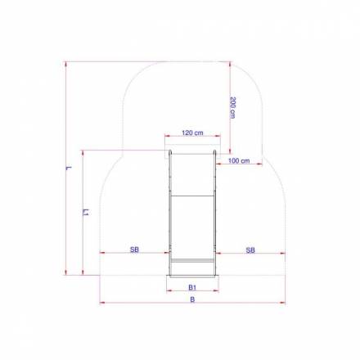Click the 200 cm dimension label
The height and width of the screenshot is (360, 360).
(233, 108)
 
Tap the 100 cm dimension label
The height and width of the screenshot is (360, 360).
(239, 160)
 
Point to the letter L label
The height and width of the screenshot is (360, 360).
(70, 168)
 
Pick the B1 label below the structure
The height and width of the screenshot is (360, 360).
(192, 288)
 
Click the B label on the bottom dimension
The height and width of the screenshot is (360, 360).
(192, 300)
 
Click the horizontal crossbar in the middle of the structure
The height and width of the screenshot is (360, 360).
(192, 195)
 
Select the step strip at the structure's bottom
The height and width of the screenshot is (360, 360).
(192, 260)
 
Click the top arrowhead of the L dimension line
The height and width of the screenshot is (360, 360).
(65, 63)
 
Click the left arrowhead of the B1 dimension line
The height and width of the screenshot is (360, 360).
(169, 292)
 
